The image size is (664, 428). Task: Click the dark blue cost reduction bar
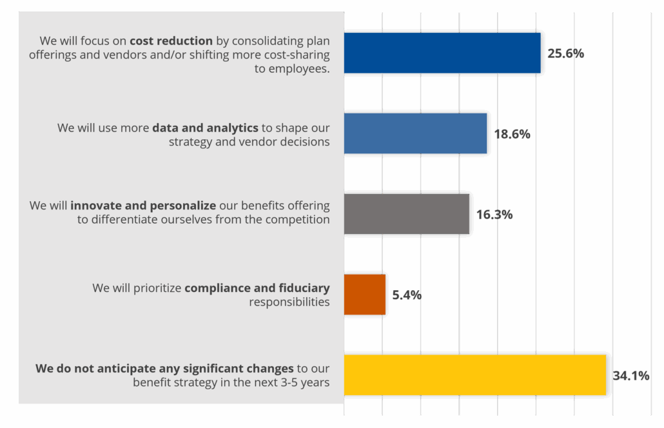[442, 53]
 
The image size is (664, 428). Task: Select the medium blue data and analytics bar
[415, 133]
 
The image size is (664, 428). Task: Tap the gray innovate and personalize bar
[406, 214]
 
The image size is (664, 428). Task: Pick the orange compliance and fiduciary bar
[365, 295]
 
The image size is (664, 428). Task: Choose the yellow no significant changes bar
[474, 374]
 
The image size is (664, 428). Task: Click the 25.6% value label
[565, 53]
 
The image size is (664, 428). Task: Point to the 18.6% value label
[512, 134]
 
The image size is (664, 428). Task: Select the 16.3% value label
[494, 215]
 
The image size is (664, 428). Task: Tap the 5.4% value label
[407, 295]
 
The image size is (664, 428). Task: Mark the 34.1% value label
[630, 375]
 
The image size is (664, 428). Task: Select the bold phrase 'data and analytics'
[205, 128]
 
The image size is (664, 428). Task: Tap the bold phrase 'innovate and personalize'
[143, 206]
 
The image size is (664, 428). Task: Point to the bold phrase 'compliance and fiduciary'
[257, 287]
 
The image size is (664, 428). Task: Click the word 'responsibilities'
[289, 302]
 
